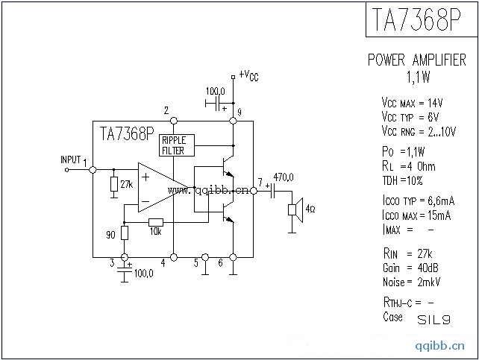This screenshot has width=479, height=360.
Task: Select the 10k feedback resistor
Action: (x=156, y=221)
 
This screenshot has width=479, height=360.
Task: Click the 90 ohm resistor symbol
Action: (x=125, y=233)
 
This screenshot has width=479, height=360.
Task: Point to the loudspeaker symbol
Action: (x=295, y=208)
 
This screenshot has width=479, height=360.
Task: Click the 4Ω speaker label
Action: (x=310, y=208)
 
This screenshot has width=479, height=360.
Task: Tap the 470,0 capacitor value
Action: (x=284, y=177)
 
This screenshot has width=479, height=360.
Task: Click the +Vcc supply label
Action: (x=249, y=75)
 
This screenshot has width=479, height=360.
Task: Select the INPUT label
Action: (x=70, y=160)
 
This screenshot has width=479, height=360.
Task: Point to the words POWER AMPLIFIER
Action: (x=417, y=61)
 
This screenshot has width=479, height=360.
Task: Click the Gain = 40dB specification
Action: (x=410, y=268)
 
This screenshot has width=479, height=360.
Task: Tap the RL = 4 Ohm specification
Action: (x=408, y=165)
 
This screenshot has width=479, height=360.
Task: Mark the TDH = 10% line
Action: (x=403, y=180)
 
